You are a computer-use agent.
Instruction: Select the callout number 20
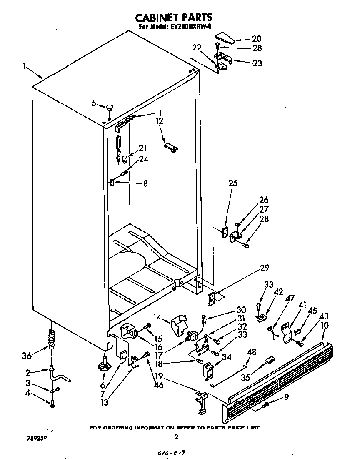coord(257,38)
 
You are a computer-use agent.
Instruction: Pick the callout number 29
coord(265,268)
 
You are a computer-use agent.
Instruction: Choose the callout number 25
coord(233,183)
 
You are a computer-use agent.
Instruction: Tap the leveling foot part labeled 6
coord(103,365)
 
